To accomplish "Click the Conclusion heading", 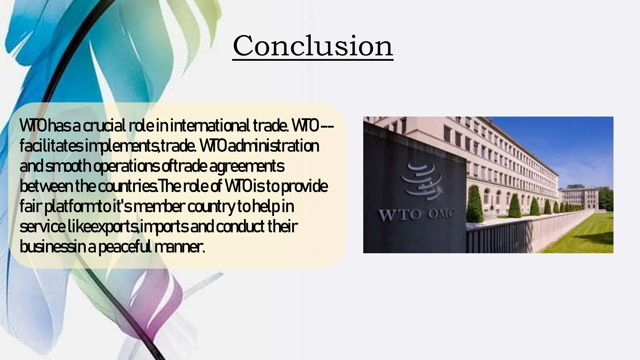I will coord(313,46).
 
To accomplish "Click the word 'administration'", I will coord(273,146).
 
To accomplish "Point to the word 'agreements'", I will coord(247,166).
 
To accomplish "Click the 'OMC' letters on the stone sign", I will coord(441,214).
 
